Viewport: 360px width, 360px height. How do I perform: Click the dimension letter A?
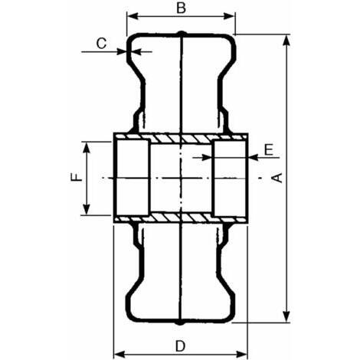pyautogui.click(x=278, y=178)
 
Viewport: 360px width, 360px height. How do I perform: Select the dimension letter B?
pyautogui.click(x=181, y=8)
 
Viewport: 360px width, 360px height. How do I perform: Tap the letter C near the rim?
pyautogui.click(x=101, y=43)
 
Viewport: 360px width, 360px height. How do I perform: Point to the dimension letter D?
pyautogui.click(x=180, y=346)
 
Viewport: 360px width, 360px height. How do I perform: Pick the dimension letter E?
pyautogui.click(x=269, y=150)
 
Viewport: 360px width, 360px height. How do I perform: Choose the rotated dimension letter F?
pyautogui.click(x=77, y=177)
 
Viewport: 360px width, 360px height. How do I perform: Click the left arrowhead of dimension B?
pyautogui.click(x=133, y=17)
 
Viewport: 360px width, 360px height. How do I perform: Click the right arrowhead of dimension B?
pyautogui.click(x=229, y=17)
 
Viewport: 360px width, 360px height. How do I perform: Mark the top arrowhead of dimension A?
pyautogui.click(x=287, y=41)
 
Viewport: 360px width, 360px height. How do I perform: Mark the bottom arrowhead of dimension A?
pyautogui.click(x=287, y=316)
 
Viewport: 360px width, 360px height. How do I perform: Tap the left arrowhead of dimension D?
pyautogui.click(x=119, y=354)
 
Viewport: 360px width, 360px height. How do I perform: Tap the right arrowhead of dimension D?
pyautogui.click(x=241, y=354)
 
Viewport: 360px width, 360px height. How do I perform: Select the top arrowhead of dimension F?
pyautogui.click(x=87, y=148)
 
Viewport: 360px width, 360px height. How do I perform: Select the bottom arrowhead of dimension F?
pyautogui.click(x=87, y=209)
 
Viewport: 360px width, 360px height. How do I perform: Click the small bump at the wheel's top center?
pyautogui.click(x=181, y=34)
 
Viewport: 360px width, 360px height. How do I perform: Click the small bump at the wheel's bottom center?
pyautogui.click(x=180, y=322)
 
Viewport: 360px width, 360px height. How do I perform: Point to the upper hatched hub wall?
pyautogui.click(x=181, y=138)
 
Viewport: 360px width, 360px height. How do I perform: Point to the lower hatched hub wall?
pyautogui.click(x=181, y=218)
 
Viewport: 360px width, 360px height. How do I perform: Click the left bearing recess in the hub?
pyautogui.click(x=133, y=178)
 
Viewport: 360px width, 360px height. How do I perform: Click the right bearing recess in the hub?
pyautogui.click(x=229, y=178)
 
